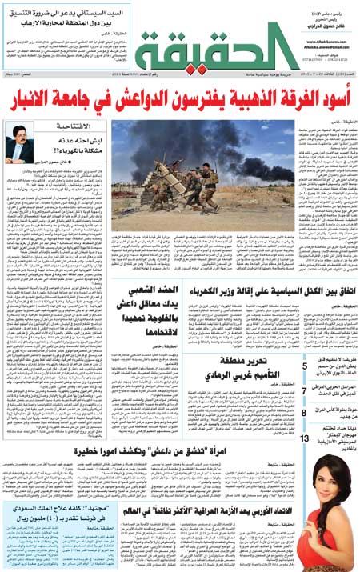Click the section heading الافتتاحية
point(78,127)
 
